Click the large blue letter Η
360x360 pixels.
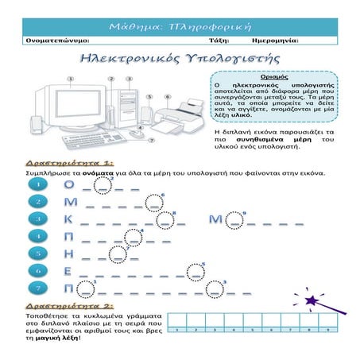click(70, 254)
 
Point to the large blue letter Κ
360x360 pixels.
click(70, 219)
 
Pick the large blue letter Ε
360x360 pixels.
click(70, 270)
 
